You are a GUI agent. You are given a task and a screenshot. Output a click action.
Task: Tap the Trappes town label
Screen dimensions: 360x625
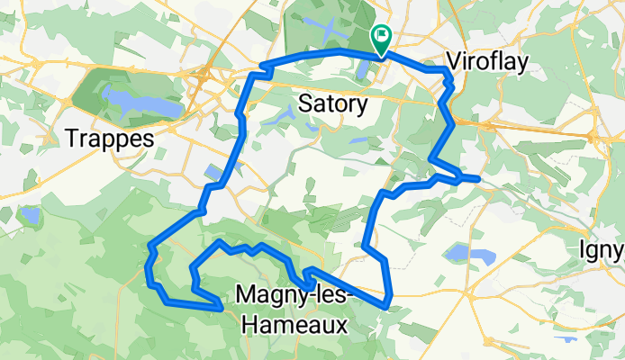tap(111, 138)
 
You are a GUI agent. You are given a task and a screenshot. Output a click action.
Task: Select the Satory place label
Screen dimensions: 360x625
tap(331, 104)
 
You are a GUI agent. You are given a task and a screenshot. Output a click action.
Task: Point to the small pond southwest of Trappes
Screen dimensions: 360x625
tap(30, 216)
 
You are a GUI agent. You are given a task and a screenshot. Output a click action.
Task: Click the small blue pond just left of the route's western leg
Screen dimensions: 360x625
tap(213, 171)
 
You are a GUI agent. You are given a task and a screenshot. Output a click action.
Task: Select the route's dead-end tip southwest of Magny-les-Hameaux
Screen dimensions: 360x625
tap(221, 307)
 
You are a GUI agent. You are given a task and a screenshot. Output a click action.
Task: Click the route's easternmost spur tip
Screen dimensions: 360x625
tap(478, 179)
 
